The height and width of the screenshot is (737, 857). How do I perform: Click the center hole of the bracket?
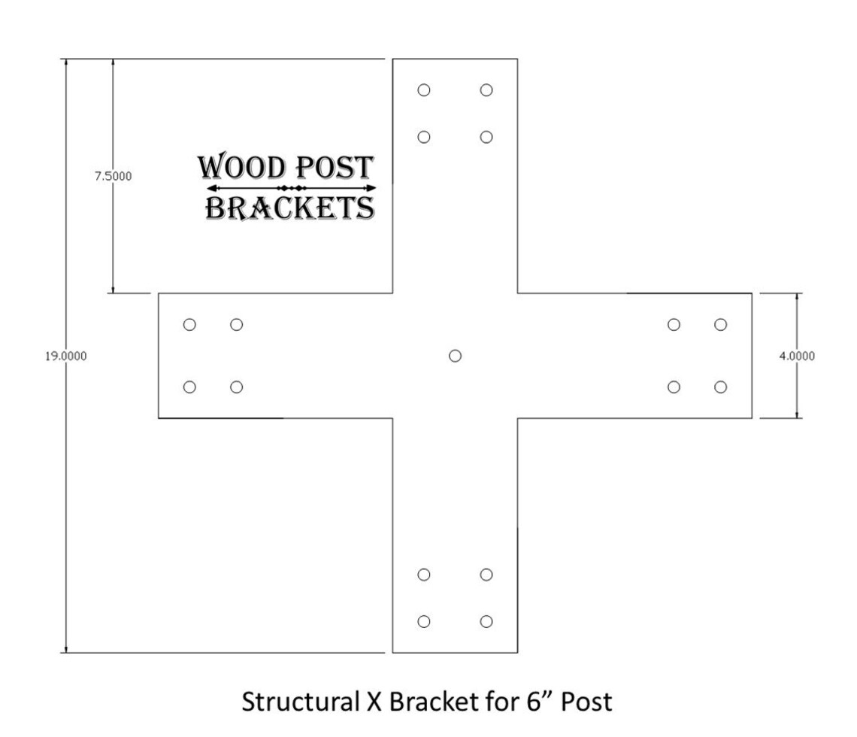click(x=455, y=356)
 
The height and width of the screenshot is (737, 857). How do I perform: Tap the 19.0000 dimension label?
click(x=66, y=356)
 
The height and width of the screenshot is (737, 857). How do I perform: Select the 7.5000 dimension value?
click(x=114, y=176)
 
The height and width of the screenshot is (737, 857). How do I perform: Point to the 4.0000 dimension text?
click(x=796, y=356)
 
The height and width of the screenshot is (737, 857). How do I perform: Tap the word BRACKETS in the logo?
click(x=290, y=208)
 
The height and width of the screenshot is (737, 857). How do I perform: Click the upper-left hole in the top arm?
click(x=424, y=90)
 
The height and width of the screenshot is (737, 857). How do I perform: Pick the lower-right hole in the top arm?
click(x=486, y=137)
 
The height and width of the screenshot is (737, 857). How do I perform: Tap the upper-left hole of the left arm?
click(x=189, y=325)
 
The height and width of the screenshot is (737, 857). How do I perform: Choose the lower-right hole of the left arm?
click(x=237, y=387)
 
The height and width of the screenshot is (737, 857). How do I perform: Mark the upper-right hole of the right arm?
click(x=721, y=325)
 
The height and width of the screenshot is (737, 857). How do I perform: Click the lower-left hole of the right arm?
click(x=674, y=387)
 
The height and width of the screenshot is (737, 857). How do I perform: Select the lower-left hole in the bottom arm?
click(x=424, y=621)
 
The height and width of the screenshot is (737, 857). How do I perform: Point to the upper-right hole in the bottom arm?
click(x=486, y=575)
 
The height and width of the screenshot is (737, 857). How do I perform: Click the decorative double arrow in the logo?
click(x=290, y=187)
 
